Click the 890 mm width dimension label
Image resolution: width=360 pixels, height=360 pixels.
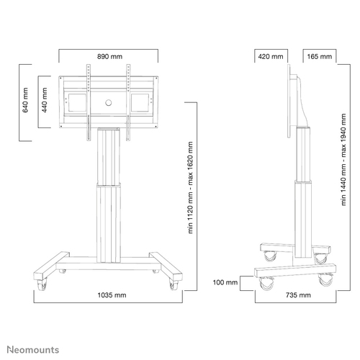coord(108,55)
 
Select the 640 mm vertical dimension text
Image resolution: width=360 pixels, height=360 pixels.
coord(26,102)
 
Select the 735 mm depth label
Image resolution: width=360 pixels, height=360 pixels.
coord(297,295)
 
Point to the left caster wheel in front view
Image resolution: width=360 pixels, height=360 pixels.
coord(61,271)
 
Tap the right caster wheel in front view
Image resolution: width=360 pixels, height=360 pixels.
coord(155,271)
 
